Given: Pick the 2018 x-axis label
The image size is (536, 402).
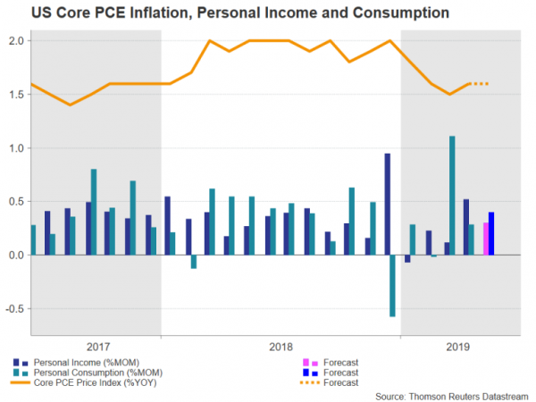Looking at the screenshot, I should click(x=281, y=347).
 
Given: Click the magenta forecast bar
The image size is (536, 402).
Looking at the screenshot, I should click(x=486, y=239).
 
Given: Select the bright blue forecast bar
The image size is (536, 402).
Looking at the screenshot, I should click(x=491, y=233).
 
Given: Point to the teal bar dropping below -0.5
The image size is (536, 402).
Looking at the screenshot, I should click(x=391, y=285).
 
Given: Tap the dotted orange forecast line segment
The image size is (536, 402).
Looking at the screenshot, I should click(x=481, y=84).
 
